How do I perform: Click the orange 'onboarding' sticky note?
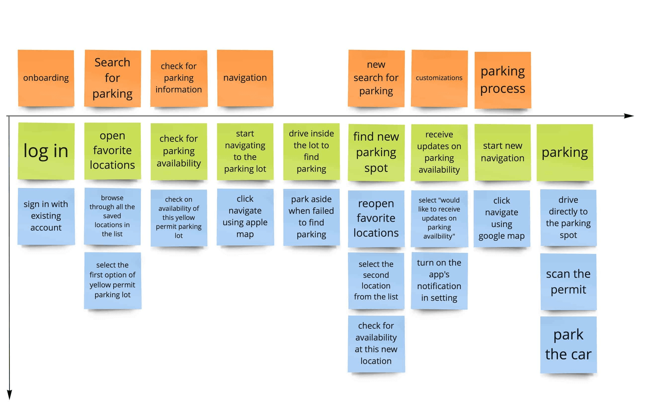46,78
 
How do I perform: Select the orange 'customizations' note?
439,78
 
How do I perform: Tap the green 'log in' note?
46,151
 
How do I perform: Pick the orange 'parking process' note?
503,80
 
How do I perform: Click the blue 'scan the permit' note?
568,282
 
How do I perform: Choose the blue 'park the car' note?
568,344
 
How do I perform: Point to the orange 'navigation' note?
245,78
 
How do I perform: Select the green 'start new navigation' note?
503,152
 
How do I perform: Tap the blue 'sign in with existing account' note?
46,216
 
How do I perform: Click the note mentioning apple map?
245,217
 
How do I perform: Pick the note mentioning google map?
502,218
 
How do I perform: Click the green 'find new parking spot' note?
376,152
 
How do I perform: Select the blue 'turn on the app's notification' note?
439,280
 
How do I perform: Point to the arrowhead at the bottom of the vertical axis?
9,395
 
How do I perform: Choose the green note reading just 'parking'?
565,152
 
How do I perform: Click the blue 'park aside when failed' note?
311,217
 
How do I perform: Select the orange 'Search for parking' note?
112,78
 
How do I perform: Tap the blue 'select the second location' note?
376,280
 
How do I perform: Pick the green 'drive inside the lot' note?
311,151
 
